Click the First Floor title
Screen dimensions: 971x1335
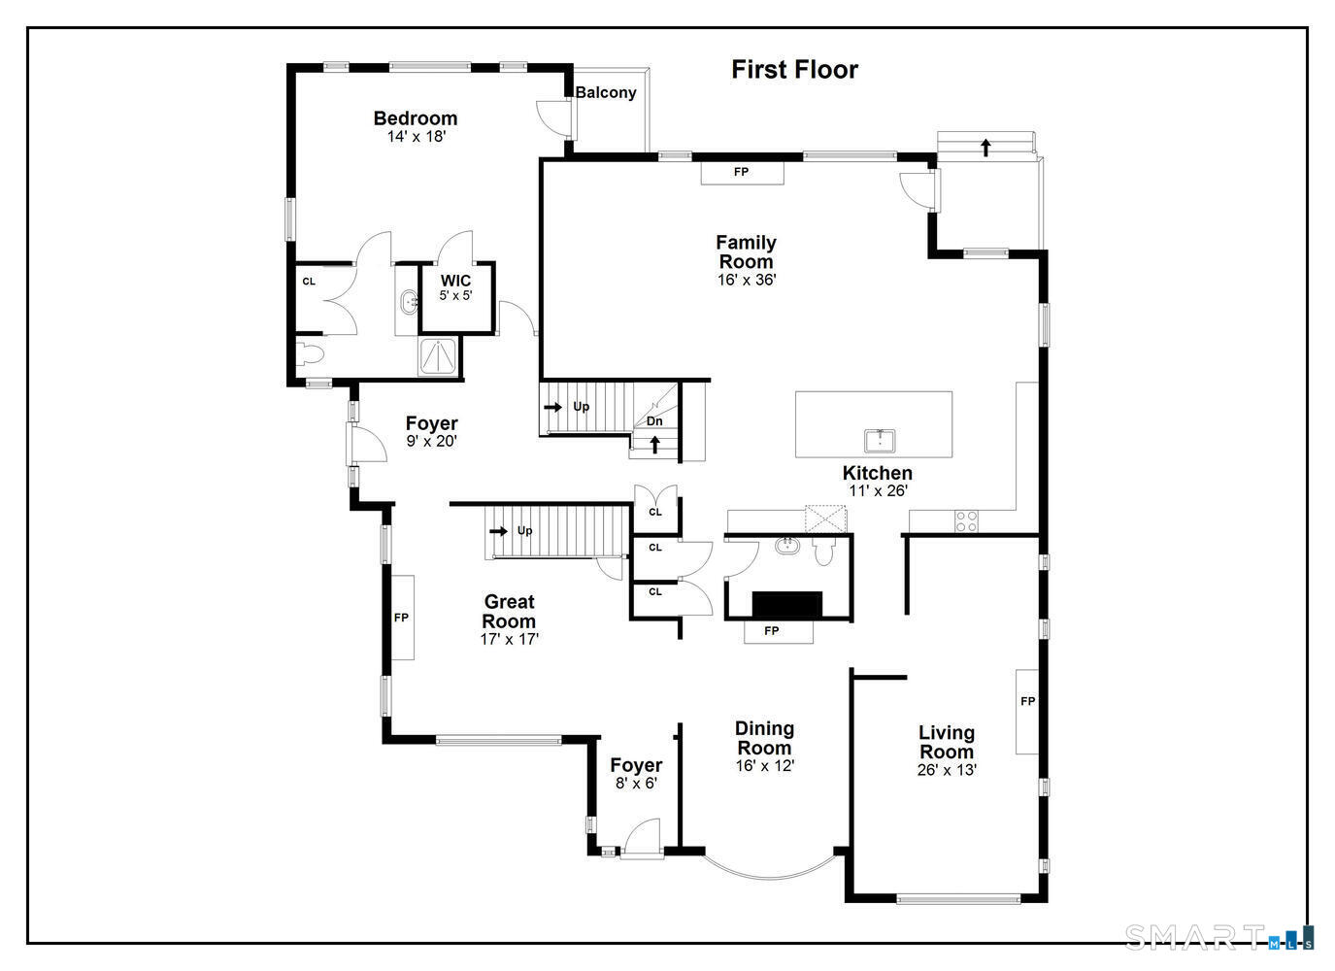[794, 70]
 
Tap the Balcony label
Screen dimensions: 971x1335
[606, 93]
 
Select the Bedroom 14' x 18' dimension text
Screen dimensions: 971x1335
[416, 137]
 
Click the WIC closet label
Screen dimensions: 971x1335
[455, 282]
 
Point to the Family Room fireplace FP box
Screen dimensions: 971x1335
[742, 173]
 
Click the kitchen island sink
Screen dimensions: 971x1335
[880, 440]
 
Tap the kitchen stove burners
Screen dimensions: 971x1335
[966, 521]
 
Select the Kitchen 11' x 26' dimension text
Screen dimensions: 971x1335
[877, 491]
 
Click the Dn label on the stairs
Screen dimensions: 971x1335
[654, 421]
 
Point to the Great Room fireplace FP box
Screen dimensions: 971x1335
[401, 618]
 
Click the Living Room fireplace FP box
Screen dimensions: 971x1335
[1027, 701]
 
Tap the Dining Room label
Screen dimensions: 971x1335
[764, 738]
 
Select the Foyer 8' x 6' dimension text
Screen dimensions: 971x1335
[636, 784]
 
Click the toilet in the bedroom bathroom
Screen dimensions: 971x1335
[310, 355]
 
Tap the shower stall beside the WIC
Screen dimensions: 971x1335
[439, 357]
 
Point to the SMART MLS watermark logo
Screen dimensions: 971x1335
[1218, 937]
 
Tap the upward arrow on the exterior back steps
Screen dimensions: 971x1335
[985, 148]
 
